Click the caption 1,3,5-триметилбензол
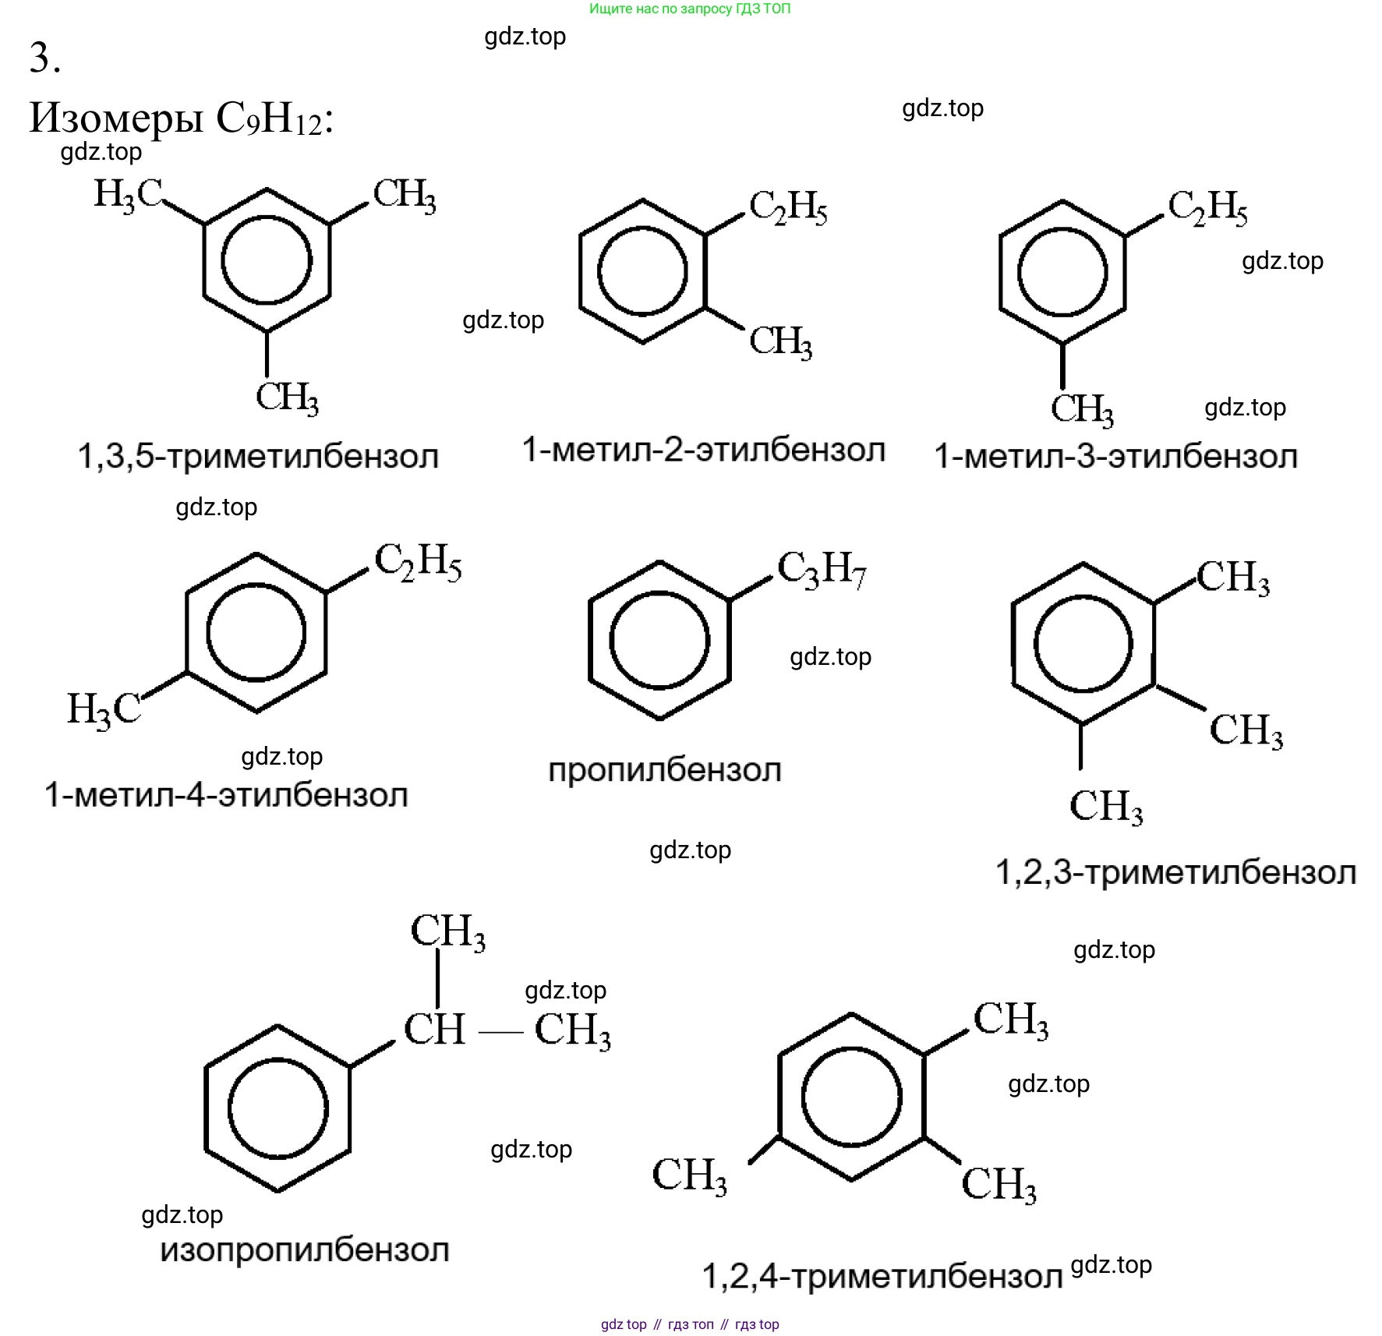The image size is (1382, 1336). (x=258, y=456)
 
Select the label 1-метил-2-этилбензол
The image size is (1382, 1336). (x=704, y=450)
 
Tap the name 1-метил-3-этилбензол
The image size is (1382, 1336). (x=1115, y=456)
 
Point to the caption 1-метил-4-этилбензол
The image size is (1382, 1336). (x=226, y=795)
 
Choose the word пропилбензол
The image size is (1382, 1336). (x=664, y=770)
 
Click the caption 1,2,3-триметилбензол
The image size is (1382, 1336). (x=1175, y=872)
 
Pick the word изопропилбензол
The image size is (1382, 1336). (x=305, y=1250)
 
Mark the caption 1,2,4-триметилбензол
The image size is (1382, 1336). (x=882, y=1276)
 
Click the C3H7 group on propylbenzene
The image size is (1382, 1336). (x=822, y=569)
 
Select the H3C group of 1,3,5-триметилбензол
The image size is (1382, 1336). (x=127, y=194)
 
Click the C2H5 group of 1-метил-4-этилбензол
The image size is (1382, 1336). (x=418, y=561)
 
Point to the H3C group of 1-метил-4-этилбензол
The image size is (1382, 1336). (x=104, y=709)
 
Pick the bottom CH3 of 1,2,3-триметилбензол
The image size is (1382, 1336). (x=1105, y=806)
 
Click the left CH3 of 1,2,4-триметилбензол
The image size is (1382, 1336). (x=690, y=1175)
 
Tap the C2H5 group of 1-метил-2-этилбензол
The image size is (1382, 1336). (x=788, y=207)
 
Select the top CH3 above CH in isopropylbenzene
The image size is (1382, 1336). (x=447, y=931)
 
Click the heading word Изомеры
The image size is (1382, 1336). (x=116, y=118)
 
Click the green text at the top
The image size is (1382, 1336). (x=690, y=9)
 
